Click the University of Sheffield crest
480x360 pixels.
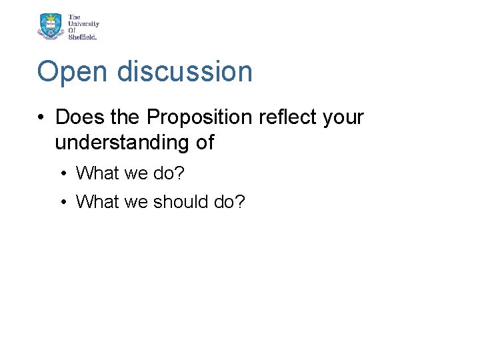[51, 27]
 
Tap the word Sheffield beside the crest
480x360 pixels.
[83, 37]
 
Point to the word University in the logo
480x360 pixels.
[83, 23]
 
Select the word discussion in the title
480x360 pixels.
[185, 72]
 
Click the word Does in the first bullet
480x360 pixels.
[80, 117]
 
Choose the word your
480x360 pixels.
[343, 118]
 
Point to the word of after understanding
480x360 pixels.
[205, 142]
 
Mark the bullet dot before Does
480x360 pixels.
[41, 118]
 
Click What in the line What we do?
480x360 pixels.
[96, 173]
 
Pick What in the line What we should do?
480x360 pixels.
[96, 201]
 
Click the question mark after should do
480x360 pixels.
[241, 201]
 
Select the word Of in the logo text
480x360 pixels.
[73, 30]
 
